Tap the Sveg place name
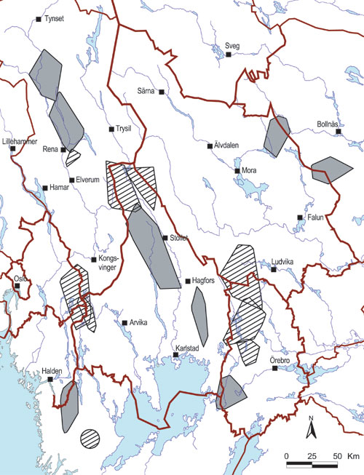pos(231,46)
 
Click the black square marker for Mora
pos(237,172)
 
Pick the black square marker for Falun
pos(299,218)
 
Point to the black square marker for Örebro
pos(275,369)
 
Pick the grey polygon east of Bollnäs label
pos(327,169)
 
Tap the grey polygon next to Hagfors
pos(199,316)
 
